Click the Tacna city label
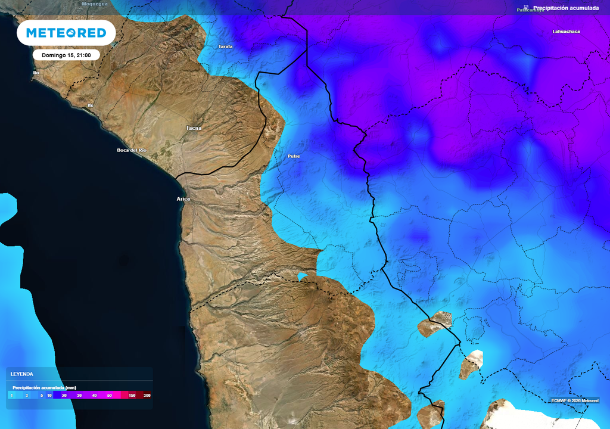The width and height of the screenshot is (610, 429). [194, 128]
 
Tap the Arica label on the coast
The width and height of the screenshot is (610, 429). [183, 198]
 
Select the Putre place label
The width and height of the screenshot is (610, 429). [294, 156]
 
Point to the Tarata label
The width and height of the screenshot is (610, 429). [225, 46]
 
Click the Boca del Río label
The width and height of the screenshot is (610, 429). [132, 150]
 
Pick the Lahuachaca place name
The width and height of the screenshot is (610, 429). [566, 32]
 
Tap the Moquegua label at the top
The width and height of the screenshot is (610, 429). [95, 4]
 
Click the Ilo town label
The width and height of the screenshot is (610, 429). [36, 73]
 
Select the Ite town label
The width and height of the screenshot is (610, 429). [91, 105]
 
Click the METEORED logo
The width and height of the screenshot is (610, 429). [66, 33]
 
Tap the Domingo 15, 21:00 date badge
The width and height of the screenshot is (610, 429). [66, 55]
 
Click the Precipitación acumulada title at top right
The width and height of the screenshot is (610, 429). [565, 8]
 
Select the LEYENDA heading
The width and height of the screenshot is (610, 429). [22, 374]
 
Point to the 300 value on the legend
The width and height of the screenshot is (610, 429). [147, 395]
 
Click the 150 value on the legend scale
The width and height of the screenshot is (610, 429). [132, 395]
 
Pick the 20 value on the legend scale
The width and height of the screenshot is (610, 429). [64, 395]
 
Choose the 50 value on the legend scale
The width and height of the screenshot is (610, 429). [110, 395]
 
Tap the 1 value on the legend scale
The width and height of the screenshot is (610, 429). [11, 395]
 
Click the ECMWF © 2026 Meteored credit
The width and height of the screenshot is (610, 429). [574, 400]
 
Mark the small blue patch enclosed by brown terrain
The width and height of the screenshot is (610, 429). [303, 276]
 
